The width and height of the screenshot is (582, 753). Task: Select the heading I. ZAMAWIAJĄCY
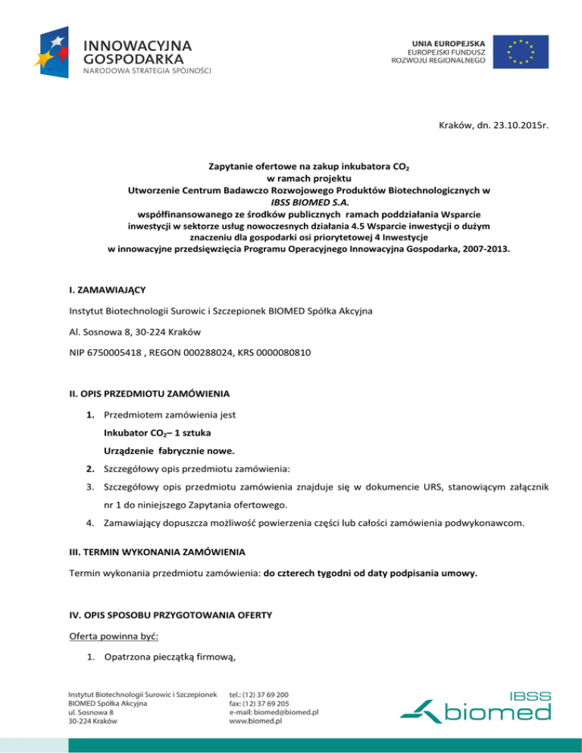pyautogui.click(x=107, y=289)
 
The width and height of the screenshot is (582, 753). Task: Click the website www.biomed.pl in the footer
pyautogui.click(x=255, y=722)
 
